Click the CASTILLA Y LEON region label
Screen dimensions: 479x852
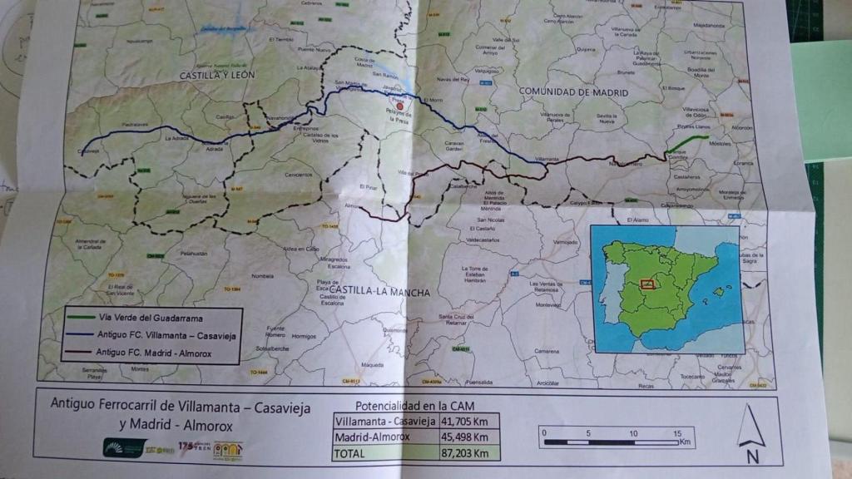[x=217, y=75]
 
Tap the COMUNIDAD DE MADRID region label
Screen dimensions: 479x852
[x=573, y=91]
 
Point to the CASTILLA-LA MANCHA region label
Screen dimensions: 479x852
[x=379, y=293]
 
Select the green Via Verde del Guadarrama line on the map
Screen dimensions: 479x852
[x=687, y=143]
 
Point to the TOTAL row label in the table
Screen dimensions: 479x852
[x=349, y=454]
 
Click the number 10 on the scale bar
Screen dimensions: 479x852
[x=634, y=433]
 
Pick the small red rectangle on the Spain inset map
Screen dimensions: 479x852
[x=647, y=283]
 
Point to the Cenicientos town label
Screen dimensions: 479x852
[x=298, y=175]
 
